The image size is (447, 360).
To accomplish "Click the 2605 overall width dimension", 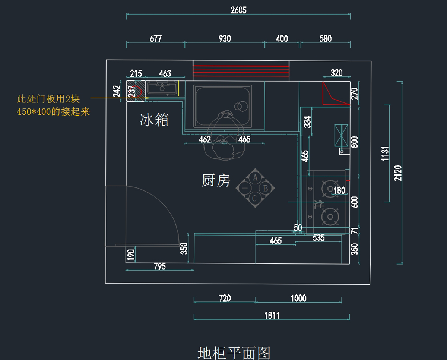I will click(x=238, y=10).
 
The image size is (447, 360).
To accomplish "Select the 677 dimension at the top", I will click(x=156, y=38).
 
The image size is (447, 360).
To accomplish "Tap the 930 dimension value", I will click(x=225, y=38).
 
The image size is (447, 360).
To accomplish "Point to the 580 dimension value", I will click(x=325, y=38).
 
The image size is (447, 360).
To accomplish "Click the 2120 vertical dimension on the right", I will click(x=398, y=173).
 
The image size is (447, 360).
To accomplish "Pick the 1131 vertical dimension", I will click(x=386, y=154).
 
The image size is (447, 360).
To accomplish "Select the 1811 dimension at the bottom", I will click(x=272, y=315).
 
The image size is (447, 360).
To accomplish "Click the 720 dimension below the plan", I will click(x=225, y=298).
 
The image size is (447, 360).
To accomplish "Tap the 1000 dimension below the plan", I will click(x=298, y=298).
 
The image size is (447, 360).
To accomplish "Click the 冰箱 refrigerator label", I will click(x=154, y=120).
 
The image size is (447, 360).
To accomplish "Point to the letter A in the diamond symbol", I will click(x=255, y=178).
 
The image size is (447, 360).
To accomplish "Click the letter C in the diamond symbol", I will click(x=254, y=198).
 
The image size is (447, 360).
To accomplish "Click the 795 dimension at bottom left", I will click(x=159, y=266).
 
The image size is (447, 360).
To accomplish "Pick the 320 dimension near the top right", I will click(x=336, y=73).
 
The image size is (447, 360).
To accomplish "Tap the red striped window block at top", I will click(x=241, y=70).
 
